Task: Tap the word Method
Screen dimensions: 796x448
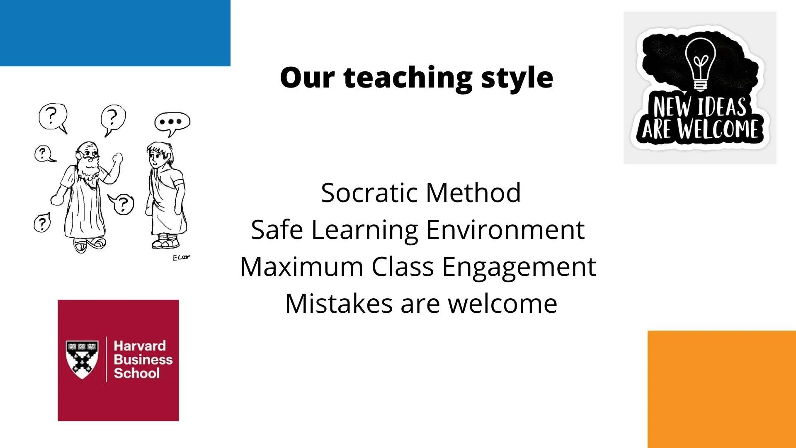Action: point(473,193)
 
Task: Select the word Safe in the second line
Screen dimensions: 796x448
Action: point(277,229)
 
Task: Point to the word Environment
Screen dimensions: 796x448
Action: point(505,229)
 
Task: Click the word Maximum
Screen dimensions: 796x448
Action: point(302,266)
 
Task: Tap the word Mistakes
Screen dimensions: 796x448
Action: point(339,303)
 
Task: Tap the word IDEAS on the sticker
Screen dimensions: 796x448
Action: point(722,107)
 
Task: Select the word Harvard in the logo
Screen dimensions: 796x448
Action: point(140,346)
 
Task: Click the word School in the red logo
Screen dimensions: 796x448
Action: point(137,373)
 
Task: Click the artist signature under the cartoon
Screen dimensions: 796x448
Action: point(181,258)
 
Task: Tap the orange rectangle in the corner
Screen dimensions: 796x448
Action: point(722,389)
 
